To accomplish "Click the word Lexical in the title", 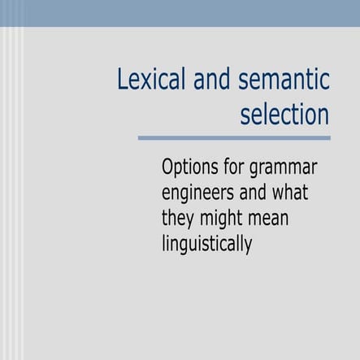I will pos(147,81).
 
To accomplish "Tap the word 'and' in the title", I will pos(203,81).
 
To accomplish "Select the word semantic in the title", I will pos(279,81).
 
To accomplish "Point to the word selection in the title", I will pos(284,114).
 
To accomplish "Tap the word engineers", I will pos(199,195).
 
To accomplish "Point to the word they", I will pos(179,219).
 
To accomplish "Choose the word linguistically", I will pos(207,244).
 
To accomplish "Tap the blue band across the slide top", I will pos(180,13).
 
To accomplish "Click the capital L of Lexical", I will pos(123,81).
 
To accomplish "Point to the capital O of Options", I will pos(168,168).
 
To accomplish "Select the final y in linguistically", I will pos(248,245).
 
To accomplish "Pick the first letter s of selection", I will pos(245,115).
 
